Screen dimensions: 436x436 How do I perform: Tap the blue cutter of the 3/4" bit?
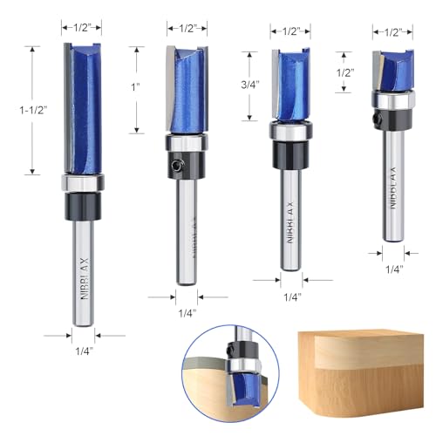(290, 85)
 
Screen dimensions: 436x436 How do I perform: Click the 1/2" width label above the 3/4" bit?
(290, 31)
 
